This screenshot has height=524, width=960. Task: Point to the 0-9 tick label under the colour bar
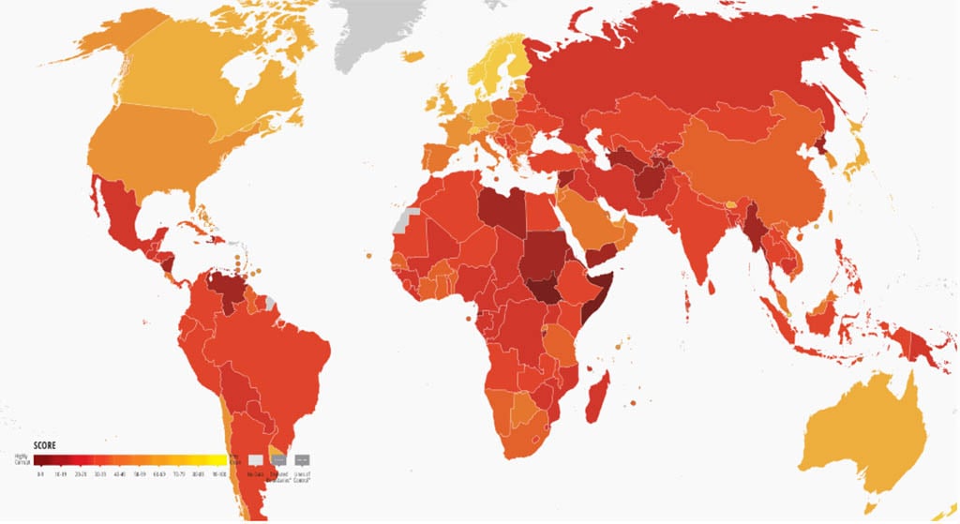click(40, 475)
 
